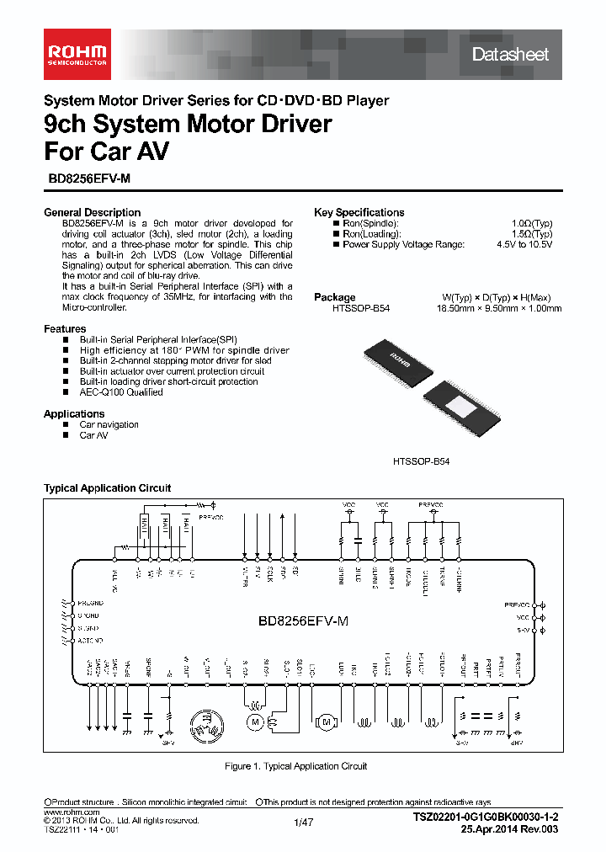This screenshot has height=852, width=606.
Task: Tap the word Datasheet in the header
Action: pos(510,55)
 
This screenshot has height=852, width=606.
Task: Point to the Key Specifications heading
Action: pos(359,212)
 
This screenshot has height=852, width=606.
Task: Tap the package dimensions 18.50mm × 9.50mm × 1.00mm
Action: pos(498,309)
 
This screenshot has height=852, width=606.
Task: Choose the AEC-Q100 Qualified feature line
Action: pos(121,392)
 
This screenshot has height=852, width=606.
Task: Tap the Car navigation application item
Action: pos(109,424)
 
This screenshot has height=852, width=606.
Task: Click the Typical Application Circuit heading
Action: pos(107,488)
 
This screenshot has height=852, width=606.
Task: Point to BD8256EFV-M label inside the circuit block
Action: pos(302,620)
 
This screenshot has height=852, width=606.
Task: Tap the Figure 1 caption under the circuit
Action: pos(295,766)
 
